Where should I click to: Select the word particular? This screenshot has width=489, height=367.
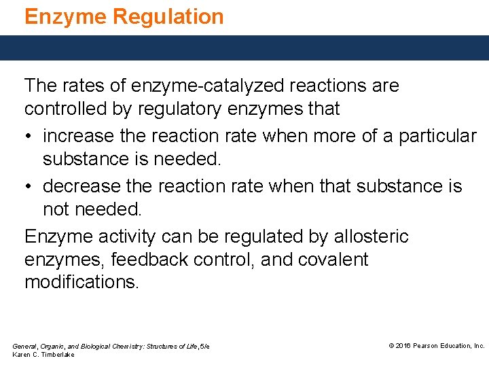(x=437, y=136)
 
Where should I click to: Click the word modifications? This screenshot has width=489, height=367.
(x=81, y=282)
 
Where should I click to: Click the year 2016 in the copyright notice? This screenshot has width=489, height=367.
(x=403, y=346)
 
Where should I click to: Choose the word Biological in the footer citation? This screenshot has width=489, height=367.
(x=94, y=347)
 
